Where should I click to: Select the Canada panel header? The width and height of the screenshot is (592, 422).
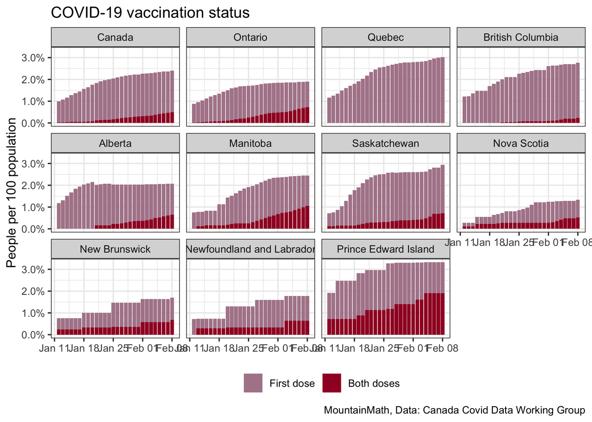tap(115, 37)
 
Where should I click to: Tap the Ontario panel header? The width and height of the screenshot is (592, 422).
tap(250, 37)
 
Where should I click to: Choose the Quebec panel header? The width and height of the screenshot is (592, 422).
tap(385, 37)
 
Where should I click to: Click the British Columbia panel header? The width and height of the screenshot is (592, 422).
tap(520, 37)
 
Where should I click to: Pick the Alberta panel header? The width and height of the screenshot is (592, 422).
tap(115, 143)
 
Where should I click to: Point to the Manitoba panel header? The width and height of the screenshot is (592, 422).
tap(250, 143)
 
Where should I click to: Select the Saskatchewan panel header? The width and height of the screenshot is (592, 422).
tap(385, 143)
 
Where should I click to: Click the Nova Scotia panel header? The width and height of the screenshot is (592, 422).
tap(520, 143)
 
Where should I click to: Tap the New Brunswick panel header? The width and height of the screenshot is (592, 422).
tap(115, 249)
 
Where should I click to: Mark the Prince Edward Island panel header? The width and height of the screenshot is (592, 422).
tap(385, 249)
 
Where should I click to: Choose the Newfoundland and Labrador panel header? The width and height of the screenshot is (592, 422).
tap(250, 249)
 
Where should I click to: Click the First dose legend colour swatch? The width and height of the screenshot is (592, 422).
tap(253, 383)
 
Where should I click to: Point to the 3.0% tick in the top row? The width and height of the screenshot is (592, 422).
tap(33, 58)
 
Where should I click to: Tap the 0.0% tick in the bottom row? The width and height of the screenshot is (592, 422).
tap(33, 335)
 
